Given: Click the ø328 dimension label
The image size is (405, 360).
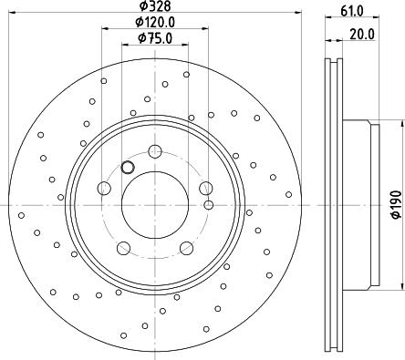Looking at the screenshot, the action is [x=155, y=5].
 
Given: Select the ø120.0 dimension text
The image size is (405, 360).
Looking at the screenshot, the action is [x=155, y=22].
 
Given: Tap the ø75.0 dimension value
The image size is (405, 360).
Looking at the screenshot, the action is [x=155, y=38].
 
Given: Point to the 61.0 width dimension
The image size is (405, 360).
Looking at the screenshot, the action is [x=352, y=11].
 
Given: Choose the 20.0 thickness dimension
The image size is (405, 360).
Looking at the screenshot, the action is [x=362, y=35].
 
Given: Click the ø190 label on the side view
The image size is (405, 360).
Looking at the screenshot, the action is [x=396, y=204].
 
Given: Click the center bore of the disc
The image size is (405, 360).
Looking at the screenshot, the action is [x=155, y=205].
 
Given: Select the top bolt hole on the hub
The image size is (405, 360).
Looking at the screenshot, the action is [x=155, y=151].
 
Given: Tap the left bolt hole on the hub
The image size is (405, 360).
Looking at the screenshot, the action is [x=104, y=188].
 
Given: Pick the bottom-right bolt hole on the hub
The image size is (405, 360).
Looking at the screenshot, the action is [x=186, y=248].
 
